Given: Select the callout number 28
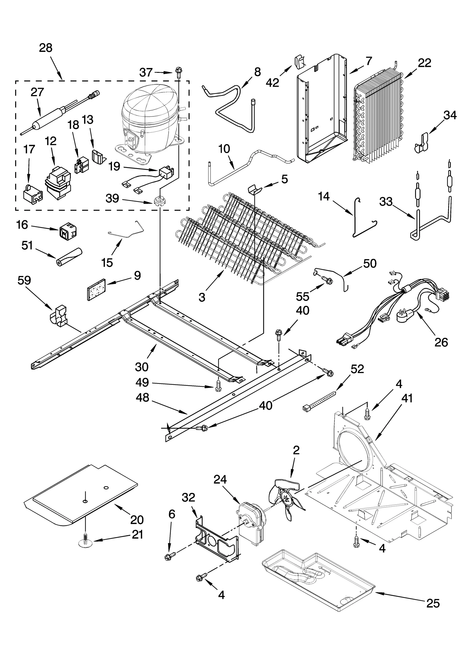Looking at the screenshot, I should click(x=46, y=48).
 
